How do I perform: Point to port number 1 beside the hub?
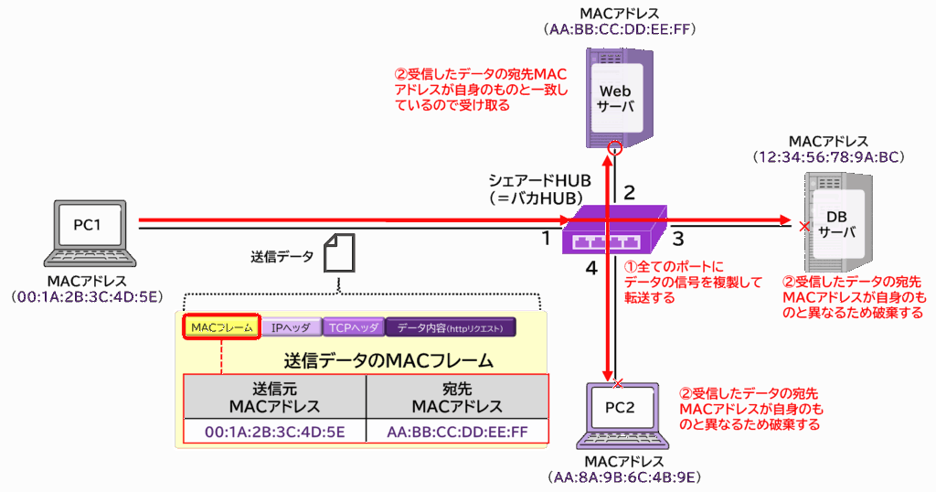click(x=546, y=240)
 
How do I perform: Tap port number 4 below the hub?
click(x=591, y=270)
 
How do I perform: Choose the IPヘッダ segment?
click(x=291, y=327)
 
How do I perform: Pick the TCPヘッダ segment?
click(x=353, y=327)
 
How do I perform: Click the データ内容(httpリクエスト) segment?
click(x=451, y=327)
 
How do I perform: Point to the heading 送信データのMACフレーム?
click(x=388, y=359)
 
